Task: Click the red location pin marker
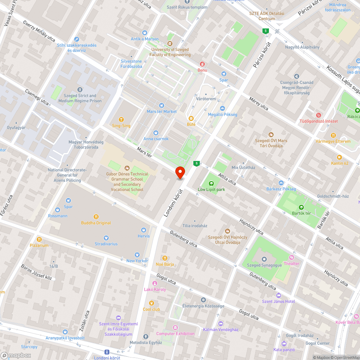(180, 172)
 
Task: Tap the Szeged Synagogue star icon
(264, 259)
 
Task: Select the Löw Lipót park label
(211, 189)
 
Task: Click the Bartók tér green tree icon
(301, 207)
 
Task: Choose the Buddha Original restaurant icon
(96, 217)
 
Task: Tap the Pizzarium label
(39, 246)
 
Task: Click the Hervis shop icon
(144, 230)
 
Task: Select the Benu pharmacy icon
(202, 64)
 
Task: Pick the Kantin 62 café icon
(339, 157)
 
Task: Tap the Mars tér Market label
(162, 112)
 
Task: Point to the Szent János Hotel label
(278, 301)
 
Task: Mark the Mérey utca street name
(259, 103)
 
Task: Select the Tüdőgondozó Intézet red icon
(319, 115)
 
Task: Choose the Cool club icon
(151, 303)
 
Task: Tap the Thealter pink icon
(291, 257)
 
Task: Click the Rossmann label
(58, 216)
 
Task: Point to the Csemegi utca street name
(37, 97)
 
